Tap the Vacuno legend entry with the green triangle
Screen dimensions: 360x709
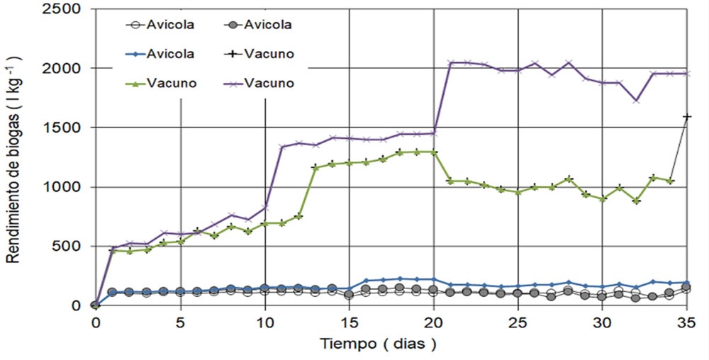click(x=168, y=83)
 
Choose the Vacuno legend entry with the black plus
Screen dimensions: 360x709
click(x=267, y=54)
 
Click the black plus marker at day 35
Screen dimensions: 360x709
click(x=686, y=116)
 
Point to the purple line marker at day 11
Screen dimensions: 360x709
click(x=282, y=147)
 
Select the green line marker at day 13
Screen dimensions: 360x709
click(x=316, y=167)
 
